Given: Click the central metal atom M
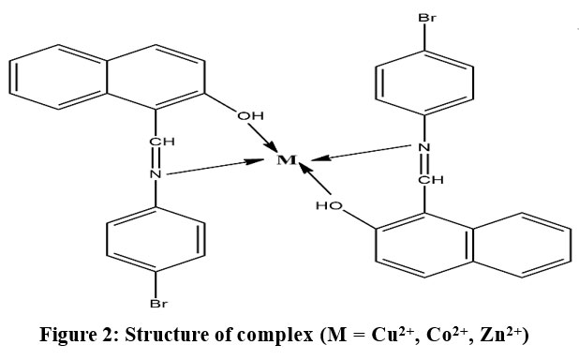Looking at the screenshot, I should point(288,160).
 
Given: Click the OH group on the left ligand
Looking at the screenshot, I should point(249,116).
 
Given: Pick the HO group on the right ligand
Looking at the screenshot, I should point(328,205).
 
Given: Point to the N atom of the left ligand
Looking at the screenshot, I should point(156,173).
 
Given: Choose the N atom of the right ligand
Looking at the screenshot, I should point(423,147).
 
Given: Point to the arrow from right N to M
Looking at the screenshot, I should point(361,152).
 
